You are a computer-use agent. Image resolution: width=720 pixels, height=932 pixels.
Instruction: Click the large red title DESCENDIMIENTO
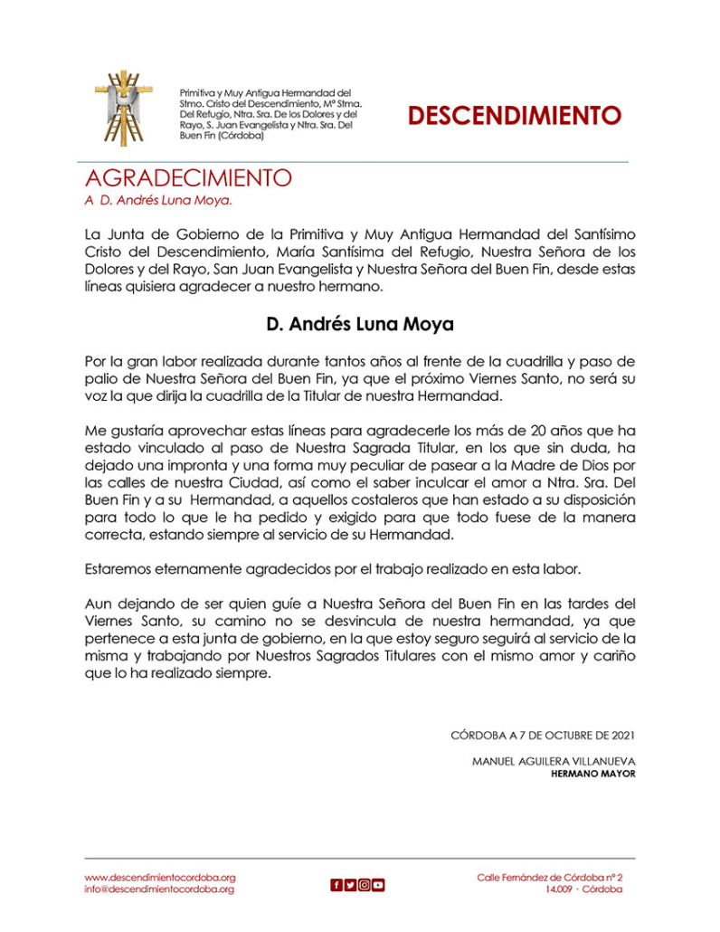coord(514,116)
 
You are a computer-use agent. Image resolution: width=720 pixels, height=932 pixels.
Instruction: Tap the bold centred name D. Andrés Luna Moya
coord(360,323)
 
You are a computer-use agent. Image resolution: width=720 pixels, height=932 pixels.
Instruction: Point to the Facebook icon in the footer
coord(336,885)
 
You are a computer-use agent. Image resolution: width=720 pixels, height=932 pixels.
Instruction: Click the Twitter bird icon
coord(350,885)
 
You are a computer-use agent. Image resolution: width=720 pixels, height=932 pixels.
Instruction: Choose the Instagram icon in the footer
coord(364,885)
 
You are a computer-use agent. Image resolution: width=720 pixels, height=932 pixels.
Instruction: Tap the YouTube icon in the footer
coord(378,885)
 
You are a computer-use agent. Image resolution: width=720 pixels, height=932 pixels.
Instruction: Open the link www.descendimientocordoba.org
coord(159,877)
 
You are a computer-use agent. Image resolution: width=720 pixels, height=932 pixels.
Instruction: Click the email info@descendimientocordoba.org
coord(159,889)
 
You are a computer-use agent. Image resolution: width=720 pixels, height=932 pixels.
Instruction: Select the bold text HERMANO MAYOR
coord(592,775)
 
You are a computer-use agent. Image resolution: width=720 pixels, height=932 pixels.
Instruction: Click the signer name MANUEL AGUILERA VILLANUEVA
coord(554,762)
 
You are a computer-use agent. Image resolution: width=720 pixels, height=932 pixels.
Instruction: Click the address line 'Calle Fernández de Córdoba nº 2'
coord(550,877)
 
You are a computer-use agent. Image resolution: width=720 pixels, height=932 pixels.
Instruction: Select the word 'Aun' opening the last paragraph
coord(98,604)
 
